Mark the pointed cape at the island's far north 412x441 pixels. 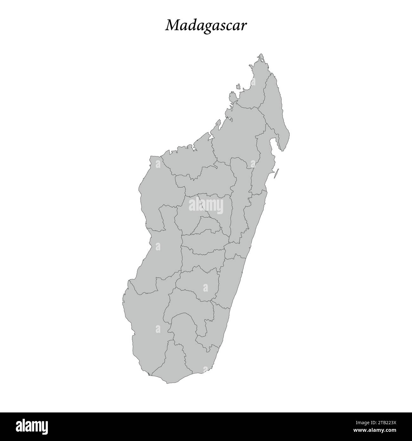point(261,55)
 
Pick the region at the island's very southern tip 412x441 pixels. point(168,365)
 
